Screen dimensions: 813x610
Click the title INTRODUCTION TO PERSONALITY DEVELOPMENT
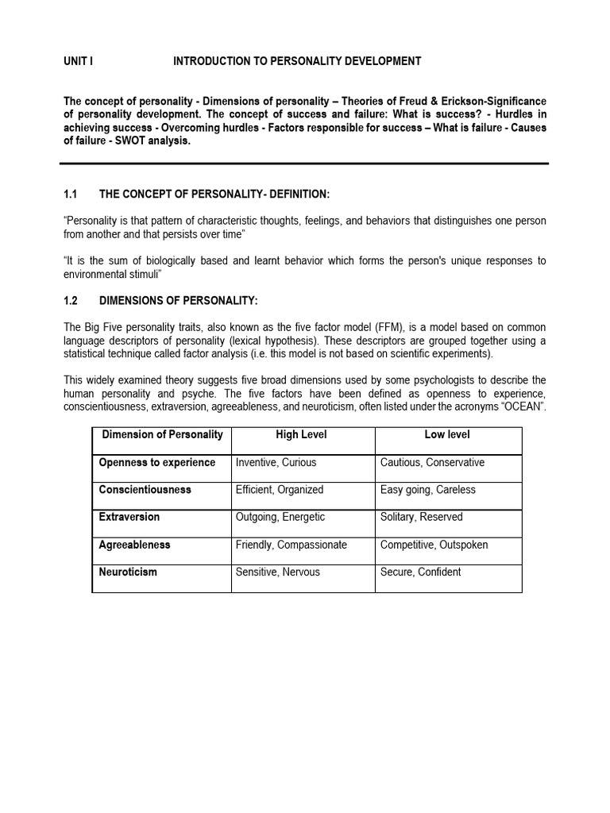click(x=297, y=61)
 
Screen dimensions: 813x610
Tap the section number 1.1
click(x=70, y=195)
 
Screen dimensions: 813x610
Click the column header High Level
click(x=301, y=435)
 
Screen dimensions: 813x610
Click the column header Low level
click(x=447, y=435)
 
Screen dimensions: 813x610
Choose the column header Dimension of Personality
click(x=162, y=435)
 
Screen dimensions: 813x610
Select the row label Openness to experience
click(x=156, y=463)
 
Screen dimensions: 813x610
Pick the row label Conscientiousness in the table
click(x=145, y=490)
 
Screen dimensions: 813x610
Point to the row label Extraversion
click(x=129, y=517)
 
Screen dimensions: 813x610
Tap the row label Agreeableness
click(x=134, y=545)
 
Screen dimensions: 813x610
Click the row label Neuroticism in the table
click(x=127, y=572)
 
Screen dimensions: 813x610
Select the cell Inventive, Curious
click(x=276, y=463)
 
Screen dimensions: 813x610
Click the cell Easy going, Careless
click(x=427, y=490)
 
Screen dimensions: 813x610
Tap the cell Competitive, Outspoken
click(x=434, y=545)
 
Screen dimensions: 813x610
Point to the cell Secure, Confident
click(x=420, y=572)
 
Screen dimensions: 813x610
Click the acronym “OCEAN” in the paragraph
click(x=523, y=407)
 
